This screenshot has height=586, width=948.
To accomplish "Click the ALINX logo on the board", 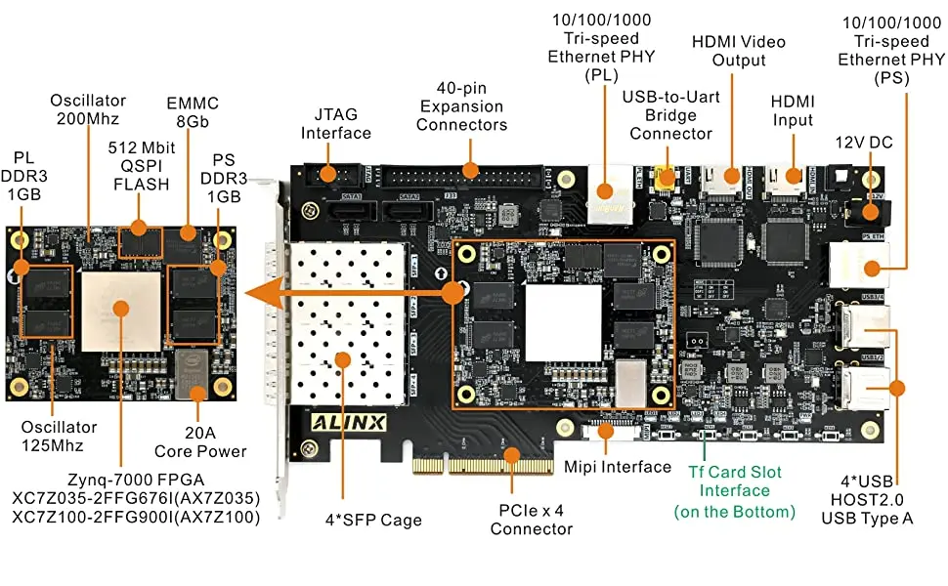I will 349,423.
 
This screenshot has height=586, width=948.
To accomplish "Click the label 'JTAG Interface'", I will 336,123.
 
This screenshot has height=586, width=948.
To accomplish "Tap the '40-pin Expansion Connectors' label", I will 462,115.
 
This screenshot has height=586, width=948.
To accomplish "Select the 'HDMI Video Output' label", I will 738,51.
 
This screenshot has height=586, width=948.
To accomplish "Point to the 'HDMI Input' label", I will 792,110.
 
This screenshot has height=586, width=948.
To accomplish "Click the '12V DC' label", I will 862,143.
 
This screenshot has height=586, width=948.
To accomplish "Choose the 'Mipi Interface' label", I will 618,467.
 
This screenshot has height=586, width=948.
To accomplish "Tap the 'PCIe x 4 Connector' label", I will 531,520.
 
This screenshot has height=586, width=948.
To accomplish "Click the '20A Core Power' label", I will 200,441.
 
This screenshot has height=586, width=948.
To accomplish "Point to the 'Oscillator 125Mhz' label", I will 61,437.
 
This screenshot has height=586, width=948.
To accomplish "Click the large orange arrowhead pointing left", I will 256,293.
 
